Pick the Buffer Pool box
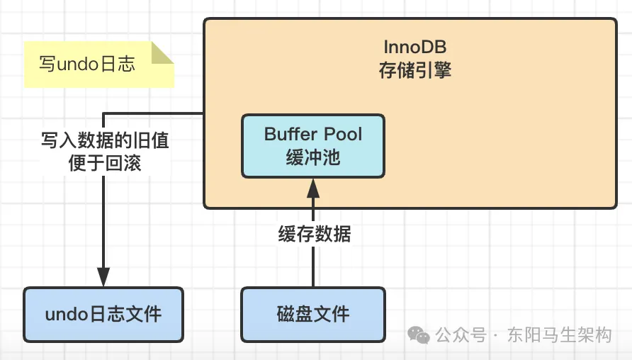click(x=313, y=145)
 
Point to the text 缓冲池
click(x=313, y=157)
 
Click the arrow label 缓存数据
click(x=314, y=234)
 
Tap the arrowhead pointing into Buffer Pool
click(x=313, y=186)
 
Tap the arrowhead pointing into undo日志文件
click(x=103, y=279)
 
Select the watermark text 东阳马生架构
click(x=559, y=334)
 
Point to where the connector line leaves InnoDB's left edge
click(x=204, y=113)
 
